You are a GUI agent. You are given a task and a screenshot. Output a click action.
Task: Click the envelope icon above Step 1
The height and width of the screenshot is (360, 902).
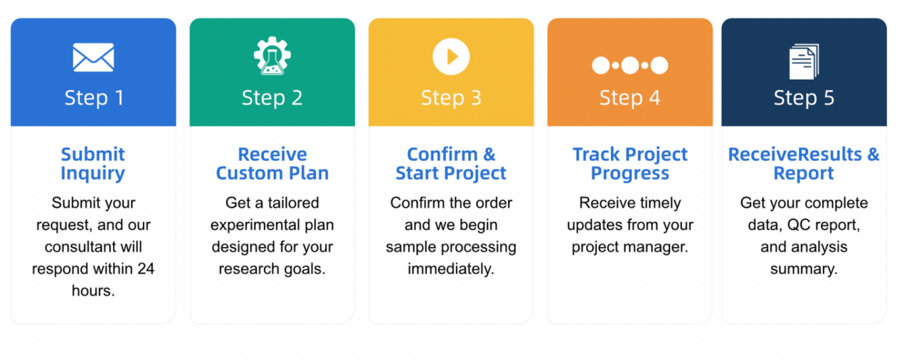(93, 57)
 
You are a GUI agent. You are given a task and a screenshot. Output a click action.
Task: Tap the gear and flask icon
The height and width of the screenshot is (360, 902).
(272, 55)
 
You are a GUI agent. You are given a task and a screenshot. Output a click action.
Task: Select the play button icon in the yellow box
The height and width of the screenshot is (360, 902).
(451, 56)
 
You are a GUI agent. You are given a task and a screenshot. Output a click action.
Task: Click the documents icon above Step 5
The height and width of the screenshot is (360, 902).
(804, 62)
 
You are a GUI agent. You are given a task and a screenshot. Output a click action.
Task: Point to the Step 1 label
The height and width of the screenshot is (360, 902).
(94, 98)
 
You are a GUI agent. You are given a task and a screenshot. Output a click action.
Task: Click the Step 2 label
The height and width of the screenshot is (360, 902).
(272, 98)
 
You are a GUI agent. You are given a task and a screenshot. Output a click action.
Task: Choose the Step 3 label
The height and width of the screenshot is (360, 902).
(451, 98)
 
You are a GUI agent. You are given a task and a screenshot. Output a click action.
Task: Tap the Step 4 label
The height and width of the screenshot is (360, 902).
(630, 98)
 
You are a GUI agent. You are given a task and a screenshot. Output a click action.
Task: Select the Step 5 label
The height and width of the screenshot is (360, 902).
(804, 98)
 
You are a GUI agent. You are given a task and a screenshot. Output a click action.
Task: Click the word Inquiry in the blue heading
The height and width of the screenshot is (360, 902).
(92, 174)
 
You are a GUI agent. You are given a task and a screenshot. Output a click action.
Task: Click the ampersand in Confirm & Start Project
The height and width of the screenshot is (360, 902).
(489, 154)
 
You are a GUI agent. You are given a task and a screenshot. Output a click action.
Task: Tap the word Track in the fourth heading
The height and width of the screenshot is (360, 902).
(596, 154)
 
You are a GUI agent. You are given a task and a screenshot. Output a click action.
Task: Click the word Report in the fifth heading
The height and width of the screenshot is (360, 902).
(804, 174)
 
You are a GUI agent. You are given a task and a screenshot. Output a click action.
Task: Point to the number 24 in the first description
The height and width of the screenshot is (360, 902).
(146, 269)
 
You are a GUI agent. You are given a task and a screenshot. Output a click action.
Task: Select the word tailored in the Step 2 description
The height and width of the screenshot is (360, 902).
(294, 203)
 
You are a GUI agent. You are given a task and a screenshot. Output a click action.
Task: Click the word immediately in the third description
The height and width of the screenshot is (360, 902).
(451, 269)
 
